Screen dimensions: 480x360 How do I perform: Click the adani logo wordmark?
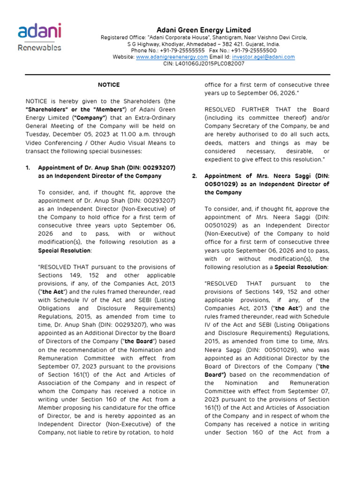click(39, 32)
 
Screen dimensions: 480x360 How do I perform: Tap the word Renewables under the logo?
click(39, 47)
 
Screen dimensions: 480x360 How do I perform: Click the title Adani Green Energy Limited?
click(203, 30)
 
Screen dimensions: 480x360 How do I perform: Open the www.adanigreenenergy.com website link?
click(172, 57)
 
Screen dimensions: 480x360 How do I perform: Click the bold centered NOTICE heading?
click(109, 85)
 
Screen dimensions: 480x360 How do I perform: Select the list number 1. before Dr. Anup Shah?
click(28, 167)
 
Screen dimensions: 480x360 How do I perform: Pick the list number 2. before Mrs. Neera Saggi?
click(195, 176)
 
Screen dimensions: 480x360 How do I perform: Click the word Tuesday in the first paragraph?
click(38, 135)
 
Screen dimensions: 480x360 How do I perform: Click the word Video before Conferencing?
click(35, 143)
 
